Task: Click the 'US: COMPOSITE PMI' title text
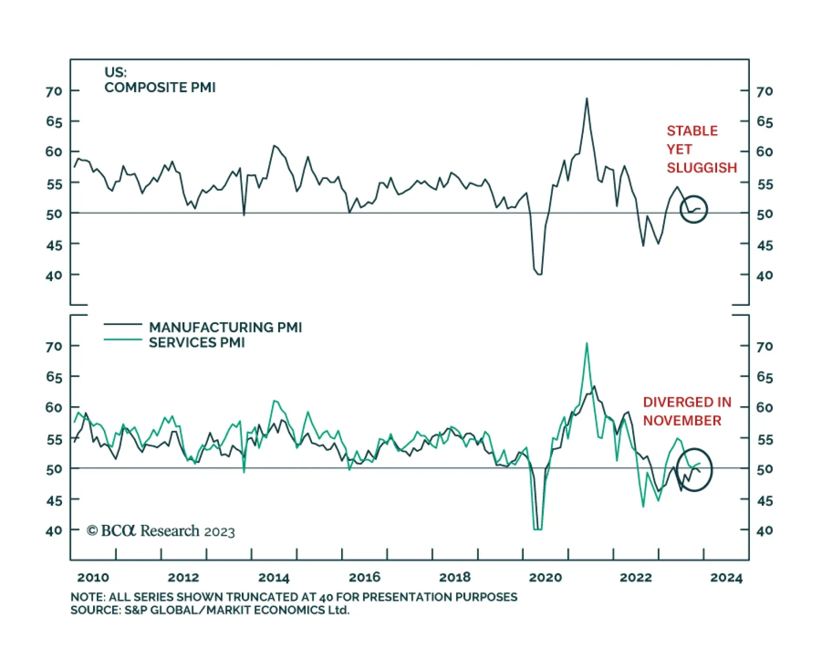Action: pos(160,80)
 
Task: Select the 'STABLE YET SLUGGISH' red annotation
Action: pos(701,149)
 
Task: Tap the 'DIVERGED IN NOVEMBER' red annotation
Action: pos(686,411)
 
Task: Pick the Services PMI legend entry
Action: pos(197,342)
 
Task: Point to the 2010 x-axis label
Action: pos(93,577)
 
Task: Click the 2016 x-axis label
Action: pos(365,577)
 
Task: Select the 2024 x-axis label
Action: pos(726,577)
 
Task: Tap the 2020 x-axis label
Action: pos(545,577)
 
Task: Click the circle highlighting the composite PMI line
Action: pos(694,209)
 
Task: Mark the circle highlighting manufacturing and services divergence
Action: pos(694,469)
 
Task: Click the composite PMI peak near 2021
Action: pos(587,98)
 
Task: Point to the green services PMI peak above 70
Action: pos(587,343)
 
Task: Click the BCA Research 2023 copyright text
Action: pos(161,531)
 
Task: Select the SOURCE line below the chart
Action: pos(210,610)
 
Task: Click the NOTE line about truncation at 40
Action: pos(294,597)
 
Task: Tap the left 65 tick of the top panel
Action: pos(54,122)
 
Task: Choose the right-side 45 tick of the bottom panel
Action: pos(764,500)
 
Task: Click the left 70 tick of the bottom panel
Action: pos(54,346)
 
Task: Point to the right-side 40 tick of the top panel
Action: pos(764,275)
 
